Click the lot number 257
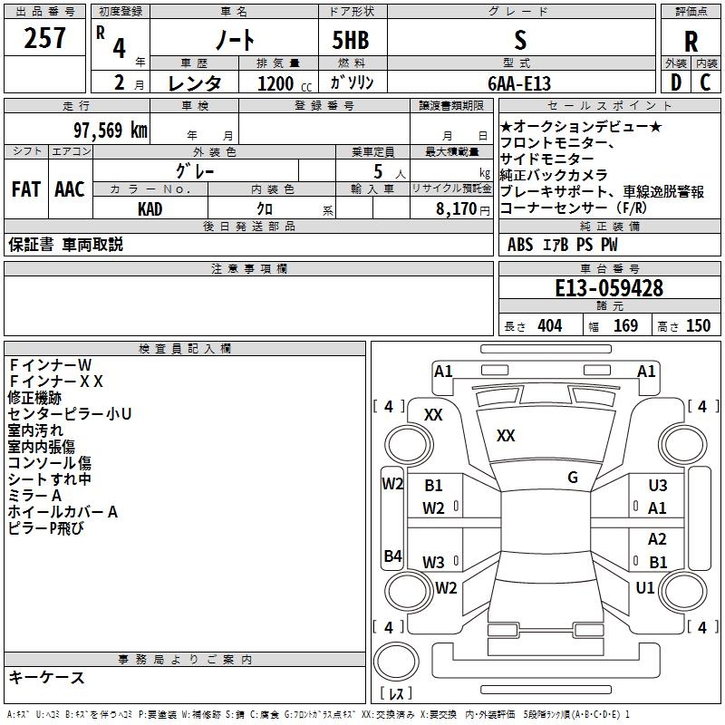tap(44, 38)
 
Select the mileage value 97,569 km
tap(111, 130)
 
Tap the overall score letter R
tap(691, 42)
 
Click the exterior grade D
tap(676, 82)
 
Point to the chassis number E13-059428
tap(609, 288)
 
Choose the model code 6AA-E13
tap(519, 83)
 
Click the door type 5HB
tap(351, 40)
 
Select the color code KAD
tap(150, 209)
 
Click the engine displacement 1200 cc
tap(285, 83)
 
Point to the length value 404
tap(550, 325)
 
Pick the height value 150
tap(698, 325)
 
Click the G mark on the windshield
tap(573, 478)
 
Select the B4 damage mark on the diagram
tap(392, 556)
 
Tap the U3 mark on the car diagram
tap(658, 485)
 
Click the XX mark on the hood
tap(506, 435)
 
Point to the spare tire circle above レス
tap(396, 662)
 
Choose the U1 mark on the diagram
tap(644, 587)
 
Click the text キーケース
tap(47, 678)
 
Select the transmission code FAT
tap(26, 189)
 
